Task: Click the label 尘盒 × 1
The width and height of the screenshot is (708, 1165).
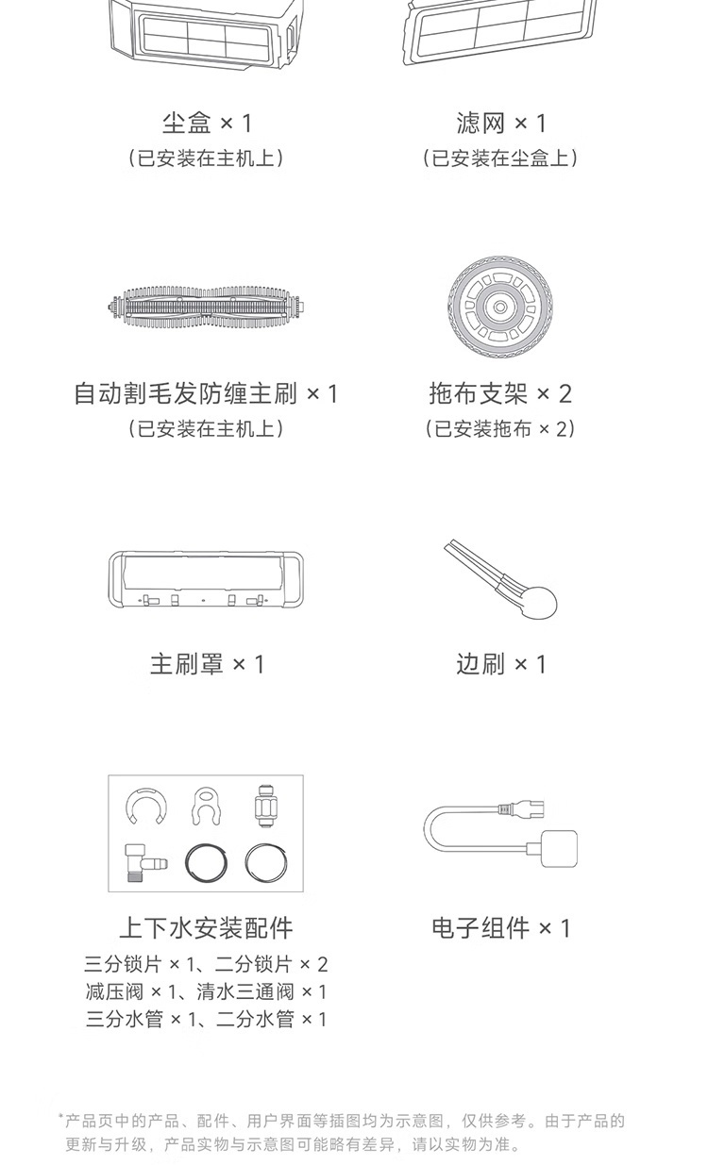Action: pos(207,124)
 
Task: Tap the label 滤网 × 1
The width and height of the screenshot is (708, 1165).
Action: pos(501,124)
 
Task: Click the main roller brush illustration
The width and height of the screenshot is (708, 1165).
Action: pos(207,308)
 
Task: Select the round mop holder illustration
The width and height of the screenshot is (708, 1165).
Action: pos(499,307)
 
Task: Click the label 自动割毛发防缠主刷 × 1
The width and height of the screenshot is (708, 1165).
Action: pos(206,393)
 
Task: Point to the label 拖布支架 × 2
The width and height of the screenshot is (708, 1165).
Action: pos(500,393)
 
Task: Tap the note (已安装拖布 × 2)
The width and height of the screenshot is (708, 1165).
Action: pos(500,428)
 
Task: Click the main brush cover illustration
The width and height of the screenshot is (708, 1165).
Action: pos(206,580)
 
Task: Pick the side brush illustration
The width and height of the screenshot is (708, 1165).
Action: pos(501,579)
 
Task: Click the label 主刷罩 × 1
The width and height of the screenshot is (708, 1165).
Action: pos(207,664)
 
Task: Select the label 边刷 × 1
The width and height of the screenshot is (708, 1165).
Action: pos(501,664)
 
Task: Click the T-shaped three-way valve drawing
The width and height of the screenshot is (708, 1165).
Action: pos(135,863)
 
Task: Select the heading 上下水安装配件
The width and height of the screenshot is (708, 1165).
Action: pos(206,928)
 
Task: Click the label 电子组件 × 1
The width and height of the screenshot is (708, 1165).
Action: pos(501,928)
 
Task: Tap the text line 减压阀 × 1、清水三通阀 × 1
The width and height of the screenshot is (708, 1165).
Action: pos(206,991)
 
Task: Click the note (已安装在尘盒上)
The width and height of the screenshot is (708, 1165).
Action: pos(500,158)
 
